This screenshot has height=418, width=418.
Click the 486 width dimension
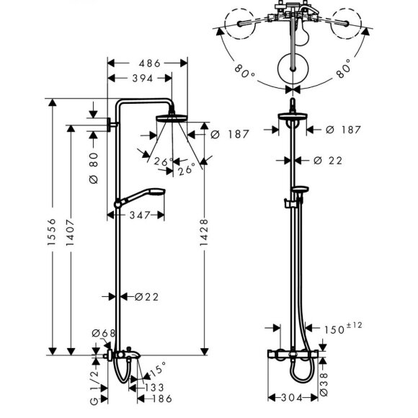click(150, 63)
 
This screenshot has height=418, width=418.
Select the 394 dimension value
click(143, 79)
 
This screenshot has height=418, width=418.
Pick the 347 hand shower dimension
click(140, 215)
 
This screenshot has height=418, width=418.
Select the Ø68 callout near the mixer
click(104, 333)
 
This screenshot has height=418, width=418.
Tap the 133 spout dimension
click(154, 387)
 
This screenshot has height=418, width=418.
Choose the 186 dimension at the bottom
click(162, 399)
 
